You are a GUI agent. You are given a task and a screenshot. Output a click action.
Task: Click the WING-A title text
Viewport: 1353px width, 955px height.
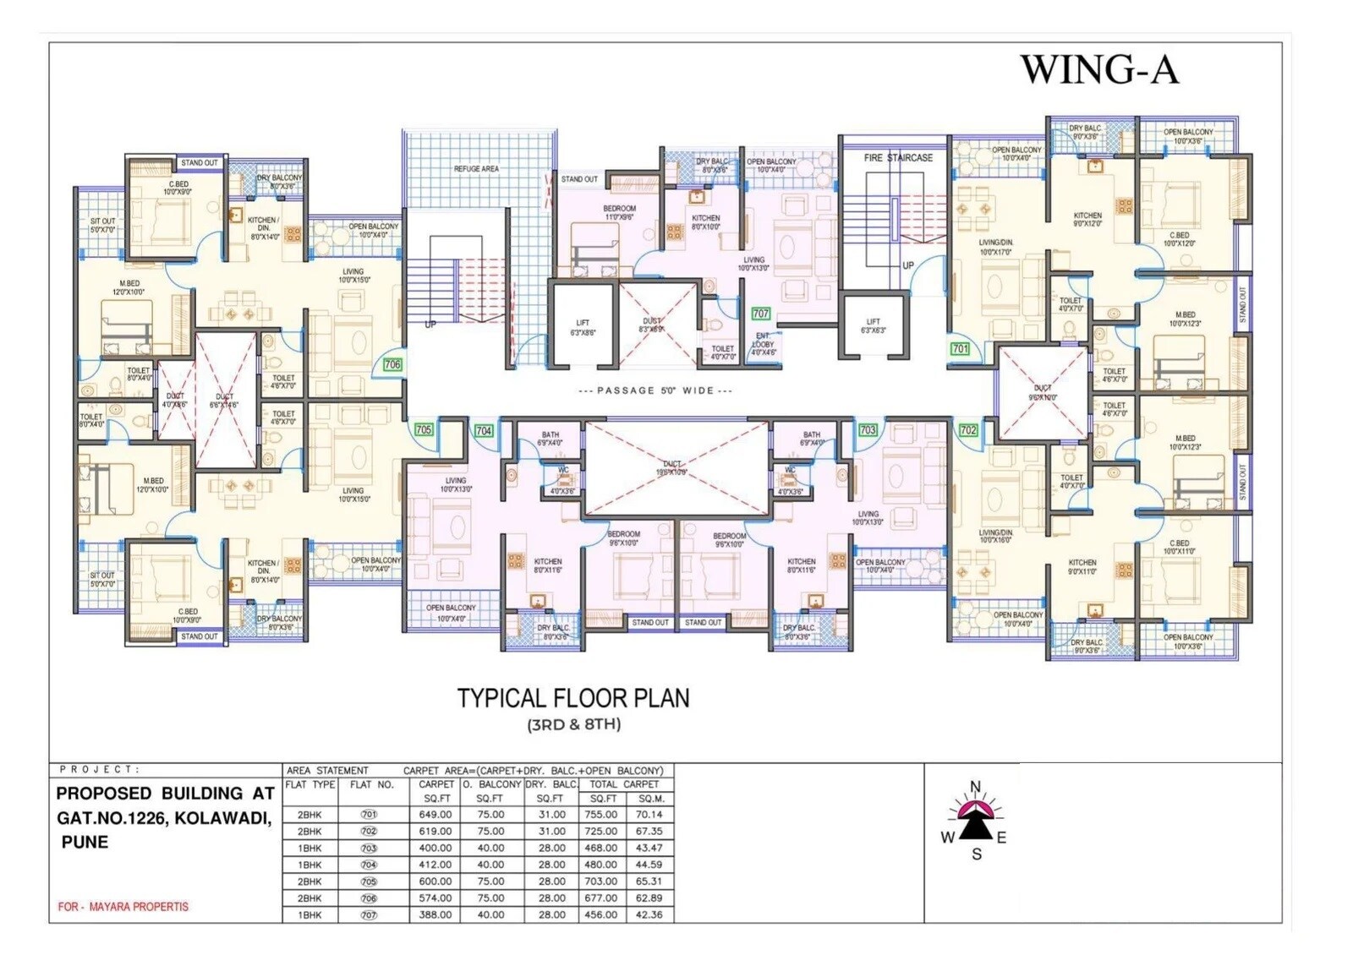(x=1098, y=69)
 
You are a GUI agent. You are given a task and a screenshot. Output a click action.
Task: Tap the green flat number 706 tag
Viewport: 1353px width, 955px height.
(x=392, y=364)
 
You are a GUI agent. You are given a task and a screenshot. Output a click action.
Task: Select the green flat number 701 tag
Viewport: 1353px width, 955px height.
(x=960, y=348)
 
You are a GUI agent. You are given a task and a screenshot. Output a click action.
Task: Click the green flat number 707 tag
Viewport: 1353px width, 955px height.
(x=761, y=314)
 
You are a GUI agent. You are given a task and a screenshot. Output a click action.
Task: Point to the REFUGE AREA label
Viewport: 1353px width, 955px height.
(x=476, y=169)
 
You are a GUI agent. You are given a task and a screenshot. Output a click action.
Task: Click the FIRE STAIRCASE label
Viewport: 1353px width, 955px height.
(x=898, y=158)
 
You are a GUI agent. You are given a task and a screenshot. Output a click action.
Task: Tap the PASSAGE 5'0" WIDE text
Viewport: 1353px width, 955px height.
(x=655, y=390)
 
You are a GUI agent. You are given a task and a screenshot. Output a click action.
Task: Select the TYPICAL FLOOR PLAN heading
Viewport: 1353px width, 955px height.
(x=573, y=698)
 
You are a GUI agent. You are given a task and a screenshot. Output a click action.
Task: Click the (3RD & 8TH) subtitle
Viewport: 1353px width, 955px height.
(x=573, y=724)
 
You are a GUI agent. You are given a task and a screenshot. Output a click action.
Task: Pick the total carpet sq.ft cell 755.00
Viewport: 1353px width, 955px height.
(x=601, y=815)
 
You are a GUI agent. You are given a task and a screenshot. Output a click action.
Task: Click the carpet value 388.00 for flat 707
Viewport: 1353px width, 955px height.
(x=435, y=914)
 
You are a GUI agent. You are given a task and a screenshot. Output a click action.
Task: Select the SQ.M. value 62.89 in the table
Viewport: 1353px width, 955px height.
(x=649, y=898)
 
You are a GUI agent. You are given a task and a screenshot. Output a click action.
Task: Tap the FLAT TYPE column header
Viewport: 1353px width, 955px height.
(x=310, y=784)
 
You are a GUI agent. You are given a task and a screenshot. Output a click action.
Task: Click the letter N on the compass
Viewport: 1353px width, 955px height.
(x=975, y=787)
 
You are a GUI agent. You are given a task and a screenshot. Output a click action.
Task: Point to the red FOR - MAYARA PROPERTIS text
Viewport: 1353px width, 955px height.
(x=123, y=907)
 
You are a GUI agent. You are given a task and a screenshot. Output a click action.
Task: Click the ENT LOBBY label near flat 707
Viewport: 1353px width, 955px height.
(x=763, y=344)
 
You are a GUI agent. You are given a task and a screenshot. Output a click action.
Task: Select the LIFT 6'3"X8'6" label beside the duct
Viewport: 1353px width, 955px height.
(x=583, y=328)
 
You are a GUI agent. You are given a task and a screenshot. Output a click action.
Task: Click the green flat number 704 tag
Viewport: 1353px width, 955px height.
(x=484, y=431)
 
